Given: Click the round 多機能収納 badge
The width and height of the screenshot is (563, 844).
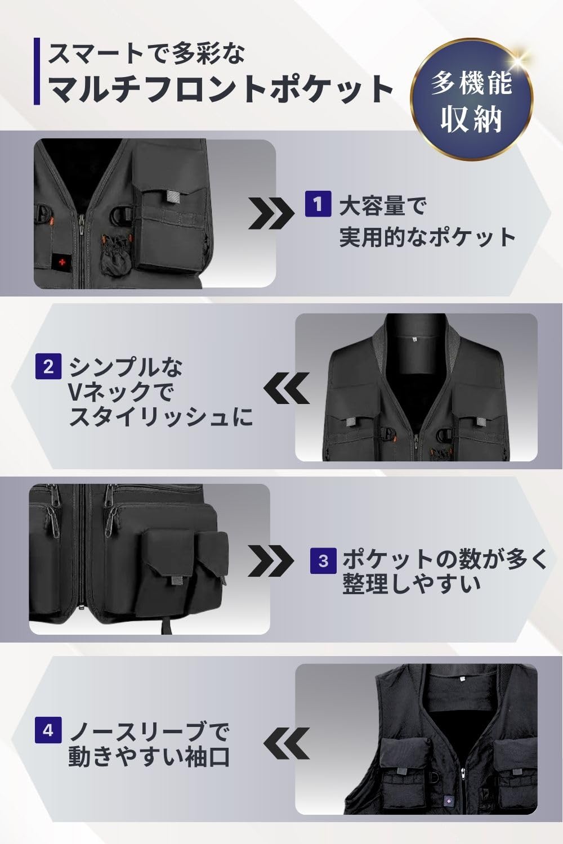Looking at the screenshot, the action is [472, 100].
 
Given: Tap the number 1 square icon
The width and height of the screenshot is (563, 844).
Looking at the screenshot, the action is [318, 204].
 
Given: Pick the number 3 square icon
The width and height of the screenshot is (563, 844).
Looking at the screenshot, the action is [323, 560].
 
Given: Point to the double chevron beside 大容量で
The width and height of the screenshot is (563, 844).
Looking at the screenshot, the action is [270, 213].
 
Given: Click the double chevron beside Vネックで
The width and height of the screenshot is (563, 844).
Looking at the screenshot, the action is [286, 388].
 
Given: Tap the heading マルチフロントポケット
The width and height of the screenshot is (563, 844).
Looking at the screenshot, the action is [221, 89].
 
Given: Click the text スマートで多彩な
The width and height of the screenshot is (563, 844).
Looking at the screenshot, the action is [146, 53].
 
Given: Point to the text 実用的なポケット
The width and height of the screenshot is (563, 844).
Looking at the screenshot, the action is [427, 237].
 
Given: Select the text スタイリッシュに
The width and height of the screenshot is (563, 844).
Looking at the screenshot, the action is [160, 417].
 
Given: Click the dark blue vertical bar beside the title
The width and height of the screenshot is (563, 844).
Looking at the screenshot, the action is [37, 71].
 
